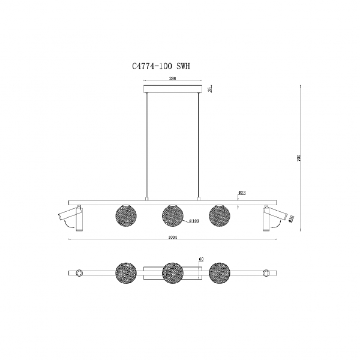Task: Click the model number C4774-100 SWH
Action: tap(160, 69)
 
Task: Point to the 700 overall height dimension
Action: tap(298, 158)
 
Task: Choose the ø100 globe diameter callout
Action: tap(194, 221)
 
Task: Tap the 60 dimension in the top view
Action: tap(201, 259)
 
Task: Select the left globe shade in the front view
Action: tap(124, 215)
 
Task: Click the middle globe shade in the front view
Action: tap(173, 215)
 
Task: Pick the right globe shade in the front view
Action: tap(219, 215)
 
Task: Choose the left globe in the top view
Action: tap(125, 273)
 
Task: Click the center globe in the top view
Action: tap(173, 274)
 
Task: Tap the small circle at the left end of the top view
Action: tap(79, 274)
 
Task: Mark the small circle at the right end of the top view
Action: tap(266, 274)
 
